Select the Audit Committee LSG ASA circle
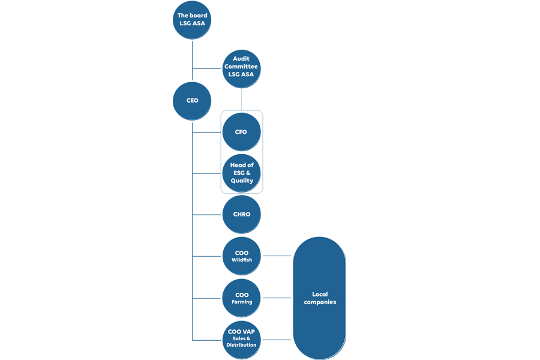point(241,67)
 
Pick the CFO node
point(241,132)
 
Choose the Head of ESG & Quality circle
point(241,173)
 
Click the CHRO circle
point(241,214)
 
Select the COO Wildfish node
point(241,256)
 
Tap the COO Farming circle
point(241,298)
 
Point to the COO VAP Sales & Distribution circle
point(241,337)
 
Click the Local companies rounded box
point(319,298)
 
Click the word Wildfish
point(242,260)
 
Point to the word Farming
point(242,302)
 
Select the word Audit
point(241,59)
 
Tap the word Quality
point(242,181)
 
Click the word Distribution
point(242,345)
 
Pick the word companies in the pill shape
point(320,302)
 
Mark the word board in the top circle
point(199,16)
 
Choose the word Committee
point(241,67)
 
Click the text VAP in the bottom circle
point(248,331)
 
